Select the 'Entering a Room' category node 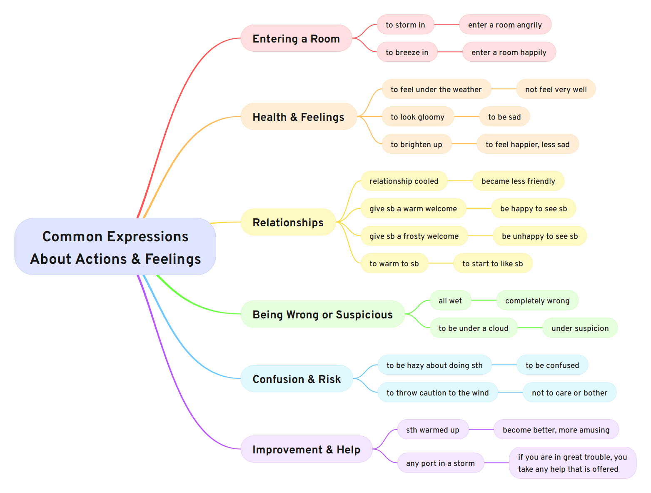point(296,38)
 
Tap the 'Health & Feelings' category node point(298,117)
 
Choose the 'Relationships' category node point(288,222)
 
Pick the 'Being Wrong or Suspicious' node point(322,314)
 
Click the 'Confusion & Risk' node point(297,379)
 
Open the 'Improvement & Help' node point(306,449)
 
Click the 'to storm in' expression point(405,25)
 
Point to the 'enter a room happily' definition point(509,52)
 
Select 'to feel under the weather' point(436,89)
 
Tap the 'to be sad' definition point(504,117)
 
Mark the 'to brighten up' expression point(416,144)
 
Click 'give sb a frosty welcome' point(414,236)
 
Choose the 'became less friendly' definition point(518,181)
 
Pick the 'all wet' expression point(450,300)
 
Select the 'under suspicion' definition point(580,328)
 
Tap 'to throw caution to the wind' point(437,393)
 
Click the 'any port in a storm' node point(440,463)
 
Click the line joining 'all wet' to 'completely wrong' point(484,300)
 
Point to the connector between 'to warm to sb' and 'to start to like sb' point(441,263)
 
